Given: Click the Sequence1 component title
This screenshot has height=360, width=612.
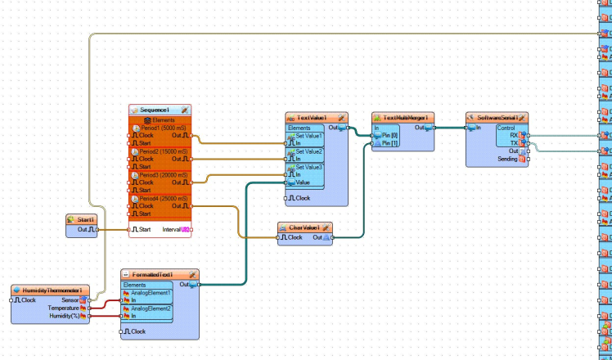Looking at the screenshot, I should point(155,110).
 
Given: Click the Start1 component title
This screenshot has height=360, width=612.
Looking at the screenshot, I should point(85,220).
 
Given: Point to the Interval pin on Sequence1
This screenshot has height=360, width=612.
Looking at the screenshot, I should point(186,230).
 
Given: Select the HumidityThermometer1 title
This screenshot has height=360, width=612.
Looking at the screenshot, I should point(51,290).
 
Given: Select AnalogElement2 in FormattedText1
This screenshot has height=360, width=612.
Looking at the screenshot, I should point(147,308).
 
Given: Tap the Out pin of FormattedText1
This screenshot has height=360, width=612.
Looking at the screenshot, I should point(194,285).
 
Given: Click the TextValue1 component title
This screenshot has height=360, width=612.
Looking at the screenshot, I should point(312,118).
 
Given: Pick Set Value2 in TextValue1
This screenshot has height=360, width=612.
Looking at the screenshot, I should point(309,151).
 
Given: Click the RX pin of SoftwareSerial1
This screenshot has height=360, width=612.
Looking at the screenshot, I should point(524,135).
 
